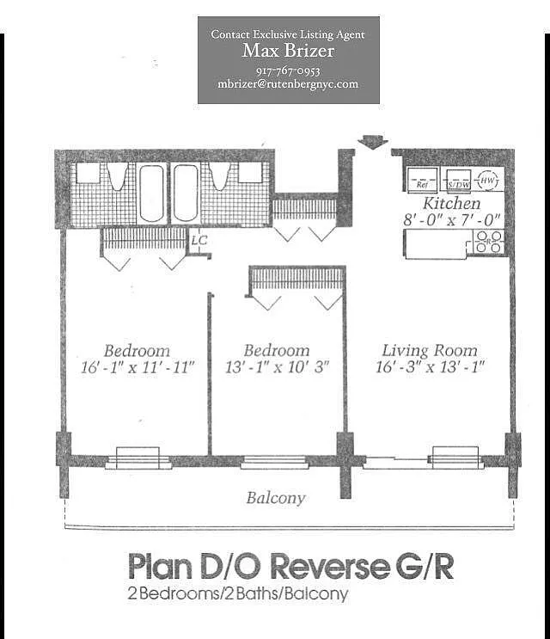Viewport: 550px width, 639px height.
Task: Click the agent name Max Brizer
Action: (x=288, y=52)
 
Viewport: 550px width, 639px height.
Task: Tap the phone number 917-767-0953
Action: (x=288, y=71)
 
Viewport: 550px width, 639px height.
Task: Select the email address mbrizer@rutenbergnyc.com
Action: (x=288, y=84)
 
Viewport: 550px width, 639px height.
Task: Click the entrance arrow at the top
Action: (x=372, y=142)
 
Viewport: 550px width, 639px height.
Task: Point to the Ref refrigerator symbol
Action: (x=422, y=181)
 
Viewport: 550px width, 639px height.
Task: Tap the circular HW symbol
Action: (x=487, y=181)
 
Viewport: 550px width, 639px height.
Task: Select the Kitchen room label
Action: (x=452, y=205)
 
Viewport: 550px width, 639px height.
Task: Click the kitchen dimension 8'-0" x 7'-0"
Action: (x=454, y=220)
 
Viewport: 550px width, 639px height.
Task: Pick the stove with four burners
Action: (x=488, y=243)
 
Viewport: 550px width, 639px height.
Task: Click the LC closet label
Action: (x=199, y=241)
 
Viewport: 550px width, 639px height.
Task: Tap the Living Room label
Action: (x=430, y=350)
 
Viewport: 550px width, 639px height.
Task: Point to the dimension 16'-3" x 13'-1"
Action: (x=431, y=366)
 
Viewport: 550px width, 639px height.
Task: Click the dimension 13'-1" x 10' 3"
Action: (x=277, y=366)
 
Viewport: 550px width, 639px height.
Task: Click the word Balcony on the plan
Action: (x=276, y=498)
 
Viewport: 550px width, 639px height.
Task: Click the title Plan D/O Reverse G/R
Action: (x=290, y=567)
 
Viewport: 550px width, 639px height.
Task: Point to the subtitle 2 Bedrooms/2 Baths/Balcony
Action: (x=237, y=593)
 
